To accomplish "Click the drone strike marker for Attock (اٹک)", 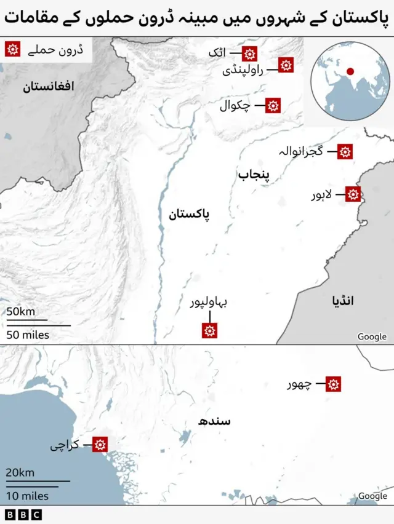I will click(x=249, y=54).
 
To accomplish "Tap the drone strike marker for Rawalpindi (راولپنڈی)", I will click(x=286, y=65).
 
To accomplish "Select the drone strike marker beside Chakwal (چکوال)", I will click(x=273, y=105).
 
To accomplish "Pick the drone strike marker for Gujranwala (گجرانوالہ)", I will click(x=345, y=151).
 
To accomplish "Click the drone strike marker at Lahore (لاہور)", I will click(x=353, y=194).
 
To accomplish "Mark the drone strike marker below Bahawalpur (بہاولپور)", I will click(x=210, y=331).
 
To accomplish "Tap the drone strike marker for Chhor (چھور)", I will click(x=334, y=384).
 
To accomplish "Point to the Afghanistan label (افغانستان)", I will click(x=49, y=87).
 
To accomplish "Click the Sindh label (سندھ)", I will click(x=214, y=421).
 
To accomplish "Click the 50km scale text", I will click(x=20, y=312).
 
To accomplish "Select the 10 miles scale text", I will click(x=27, y=496).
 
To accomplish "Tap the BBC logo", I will click(x=23, y=515).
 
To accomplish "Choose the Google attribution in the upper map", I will click(x=372, y=336).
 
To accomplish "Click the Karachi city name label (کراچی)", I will click(x=65, y=445).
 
